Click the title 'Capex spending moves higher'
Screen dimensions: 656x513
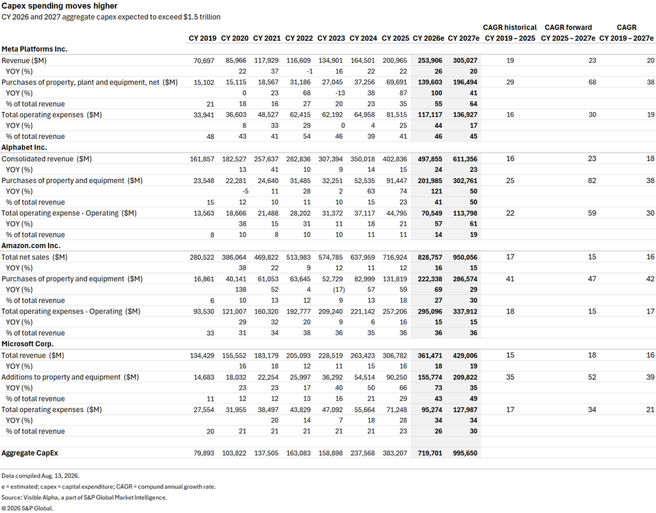click(x=60, y=6)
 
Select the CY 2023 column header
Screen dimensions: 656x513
click(x=331, y=38)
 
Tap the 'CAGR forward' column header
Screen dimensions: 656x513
click(x=568, y=27)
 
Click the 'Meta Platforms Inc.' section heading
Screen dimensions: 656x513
click(x=34, y=49)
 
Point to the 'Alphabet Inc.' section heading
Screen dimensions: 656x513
click(x=24, y=148)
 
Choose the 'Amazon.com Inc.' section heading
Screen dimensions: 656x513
click(x=31, y=245)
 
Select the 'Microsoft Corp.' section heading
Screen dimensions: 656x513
click(x=28, y=344)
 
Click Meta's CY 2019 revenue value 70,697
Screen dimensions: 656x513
click(x=204, y=60)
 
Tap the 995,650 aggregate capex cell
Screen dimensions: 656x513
click(x=465, y=453)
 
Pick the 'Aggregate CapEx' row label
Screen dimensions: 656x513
click(x=30, y=453)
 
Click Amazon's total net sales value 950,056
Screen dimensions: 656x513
click(x=465, y=257)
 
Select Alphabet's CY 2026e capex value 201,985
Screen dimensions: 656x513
click(x=430, y=181)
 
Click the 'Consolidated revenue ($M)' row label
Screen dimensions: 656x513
click(x=47, y=159)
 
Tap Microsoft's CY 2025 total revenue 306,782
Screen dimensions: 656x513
click(x=394, y=356)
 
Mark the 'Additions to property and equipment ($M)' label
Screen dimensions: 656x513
click(x=70, y=377)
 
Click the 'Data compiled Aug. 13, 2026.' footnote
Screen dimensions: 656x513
click(x=40, y=476)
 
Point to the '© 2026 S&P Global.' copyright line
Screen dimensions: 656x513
click(x=27, y=508)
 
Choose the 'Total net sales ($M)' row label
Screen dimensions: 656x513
click(x=34, y=257)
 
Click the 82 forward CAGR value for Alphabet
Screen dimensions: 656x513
click(x=592, y=181)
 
